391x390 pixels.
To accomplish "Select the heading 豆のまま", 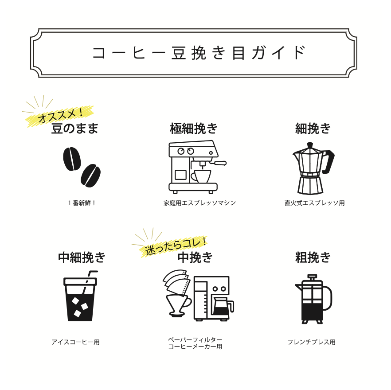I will (74, 129).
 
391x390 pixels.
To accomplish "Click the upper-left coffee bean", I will (72, 159).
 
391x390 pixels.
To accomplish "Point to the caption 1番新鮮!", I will (82, 203).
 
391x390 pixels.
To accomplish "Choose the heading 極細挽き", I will (194, 129).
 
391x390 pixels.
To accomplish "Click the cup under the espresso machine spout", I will (202, 176).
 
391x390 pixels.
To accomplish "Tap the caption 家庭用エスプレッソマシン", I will (199, 203).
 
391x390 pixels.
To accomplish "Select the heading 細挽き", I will (313, 129).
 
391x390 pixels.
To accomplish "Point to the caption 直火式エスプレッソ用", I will (314, 203).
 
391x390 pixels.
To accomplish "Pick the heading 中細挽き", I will (82, 257).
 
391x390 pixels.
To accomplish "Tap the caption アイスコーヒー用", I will (75, 342).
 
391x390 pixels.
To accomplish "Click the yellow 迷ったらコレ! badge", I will (175, 246).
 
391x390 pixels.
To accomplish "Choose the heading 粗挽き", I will (313, 257).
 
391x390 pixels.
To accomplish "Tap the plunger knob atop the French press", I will (312, 277).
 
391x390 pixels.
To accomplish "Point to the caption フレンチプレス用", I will (311, 342).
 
